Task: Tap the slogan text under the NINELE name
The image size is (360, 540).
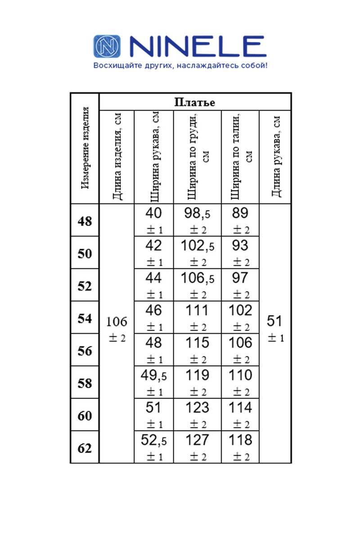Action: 180,66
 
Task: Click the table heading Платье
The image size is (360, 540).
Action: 194,102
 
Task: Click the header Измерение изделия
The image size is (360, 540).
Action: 85,148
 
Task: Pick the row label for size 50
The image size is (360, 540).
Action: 85,254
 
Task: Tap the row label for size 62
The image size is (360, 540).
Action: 85,448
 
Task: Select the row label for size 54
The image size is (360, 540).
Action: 85,319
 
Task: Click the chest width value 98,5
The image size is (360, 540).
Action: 197,213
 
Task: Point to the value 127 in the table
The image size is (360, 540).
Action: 197,440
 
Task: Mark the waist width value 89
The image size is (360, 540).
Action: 240,213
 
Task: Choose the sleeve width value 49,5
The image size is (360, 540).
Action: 154,375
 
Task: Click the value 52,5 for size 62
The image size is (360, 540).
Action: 154,440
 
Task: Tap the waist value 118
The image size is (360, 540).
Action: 240,440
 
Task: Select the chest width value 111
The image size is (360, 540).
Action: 197,310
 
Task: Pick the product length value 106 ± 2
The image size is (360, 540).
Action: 117,328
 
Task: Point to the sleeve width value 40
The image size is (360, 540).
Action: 154,213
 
